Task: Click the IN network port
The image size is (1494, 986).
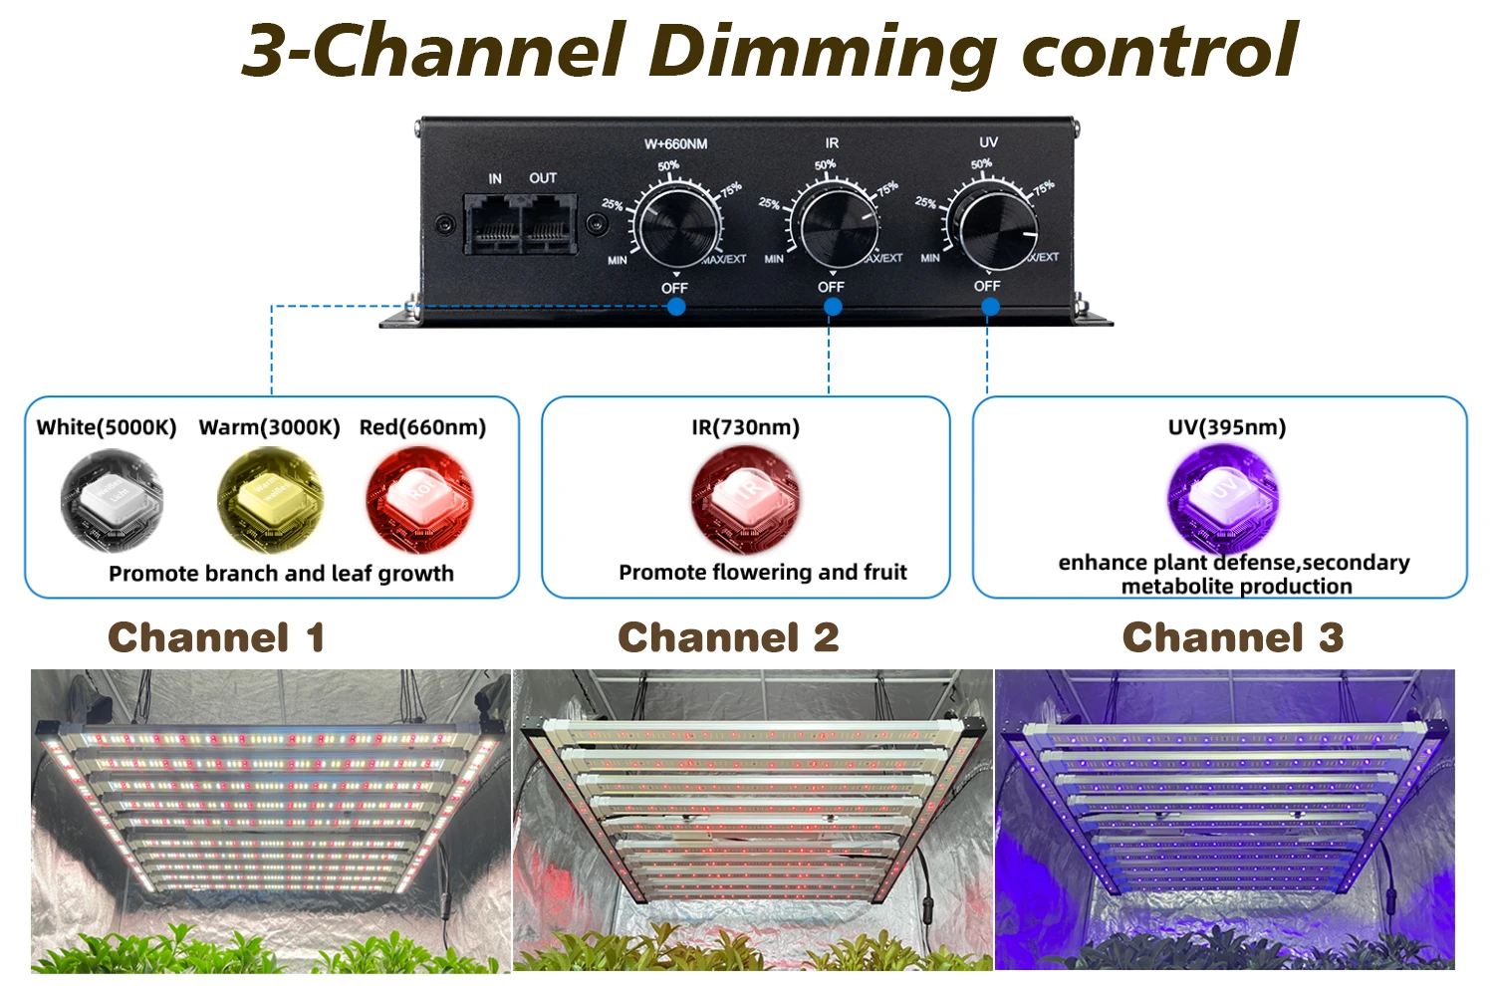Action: (493, 224)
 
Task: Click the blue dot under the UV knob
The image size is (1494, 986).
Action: (990, 307)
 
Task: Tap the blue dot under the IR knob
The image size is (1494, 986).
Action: (834, 307)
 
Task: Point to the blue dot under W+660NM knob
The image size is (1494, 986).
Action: (676, 307)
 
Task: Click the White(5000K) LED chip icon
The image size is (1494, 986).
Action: (110, 499)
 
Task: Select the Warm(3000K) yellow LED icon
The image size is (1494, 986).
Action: (269, 499)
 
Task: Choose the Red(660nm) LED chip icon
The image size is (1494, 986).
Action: (419, 498)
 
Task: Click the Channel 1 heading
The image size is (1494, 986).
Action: (216, 637)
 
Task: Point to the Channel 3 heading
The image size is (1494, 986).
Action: (1233, 637)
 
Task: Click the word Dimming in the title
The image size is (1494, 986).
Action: (823, 50)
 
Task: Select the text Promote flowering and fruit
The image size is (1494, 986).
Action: (763, 573)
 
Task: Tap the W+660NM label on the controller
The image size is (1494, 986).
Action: (675, 144)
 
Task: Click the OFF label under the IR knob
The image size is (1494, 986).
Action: (831, 287)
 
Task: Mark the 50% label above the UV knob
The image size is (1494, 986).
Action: (981, 164)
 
